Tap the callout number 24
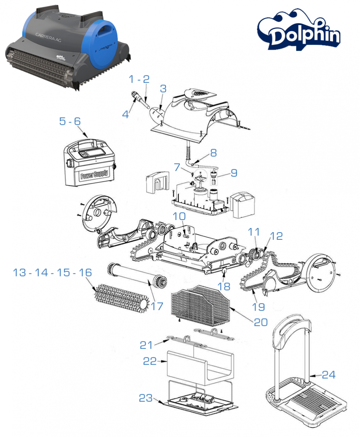tap(329, 375)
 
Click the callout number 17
tap(157, 306)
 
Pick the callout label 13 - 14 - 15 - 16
tap(53, 273)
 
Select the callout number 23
tap(147, 398)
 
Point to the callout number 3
tap(163, 89)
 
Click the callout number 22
tap(150, 361)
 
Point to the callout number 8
tap(213, 153)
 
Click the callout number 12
tap(277, 236)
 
